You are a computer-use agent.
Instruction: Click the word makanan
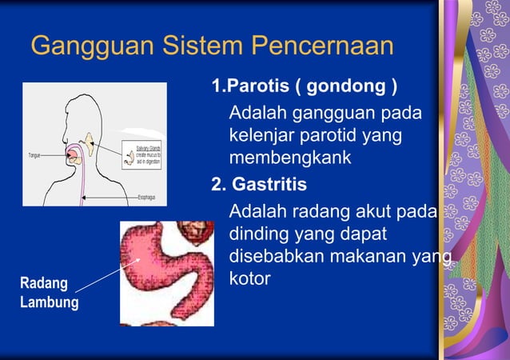pos(377,258)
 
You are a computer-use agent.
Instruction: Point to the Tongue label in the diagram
pos(35,154)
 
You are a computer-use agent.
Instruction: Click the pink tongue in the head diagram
pos(74,158)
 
